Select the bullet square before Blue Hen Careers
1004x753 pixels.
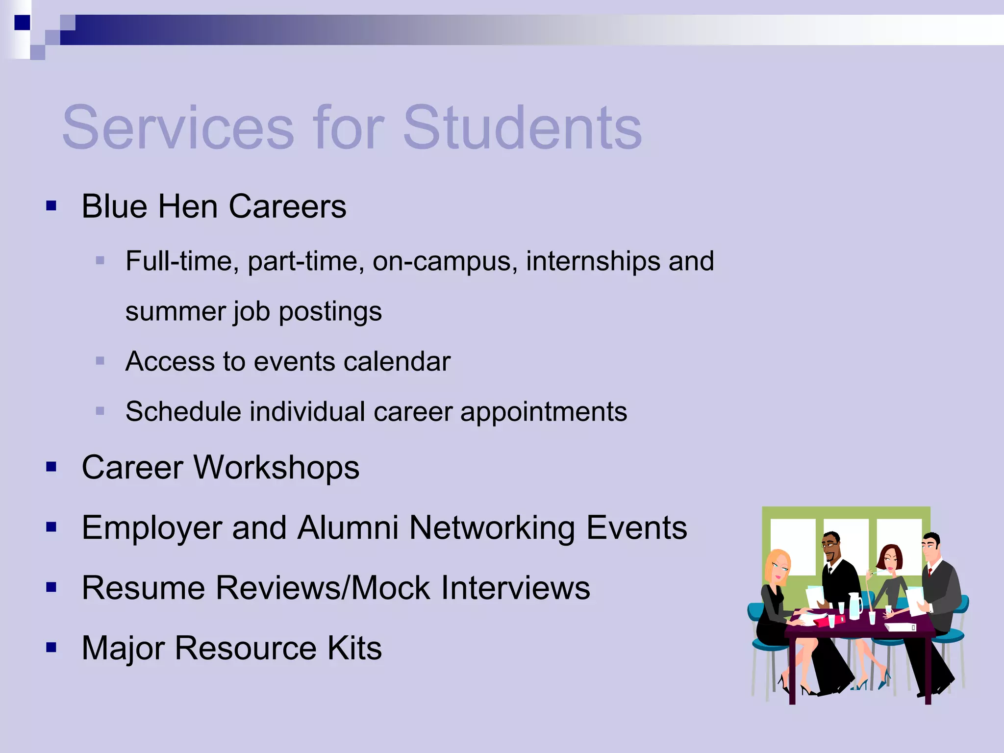click(x=51, y=206)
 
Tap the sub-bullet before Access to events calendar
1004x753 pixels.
click(x=100, y=362)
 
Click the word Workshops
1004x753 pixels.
click(x=277, y=467)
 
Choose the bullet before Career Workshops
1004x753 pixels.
click(x=51, y=467)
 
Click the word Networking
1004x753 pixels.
click(x=492, y=528)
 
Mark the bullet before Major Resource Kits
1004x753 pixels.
click(x=51, y=648)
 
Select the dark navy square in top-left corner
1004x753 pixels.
click(x=22, y=23)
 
